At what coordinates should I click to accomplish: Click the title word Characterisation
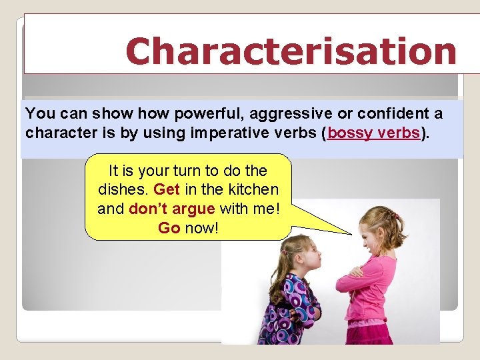[x=291, y=51]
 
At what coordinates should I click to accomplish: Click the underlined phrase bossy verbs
[x=373, y=132]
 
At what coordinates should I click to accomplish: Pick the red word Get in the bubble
[x=167, y=189]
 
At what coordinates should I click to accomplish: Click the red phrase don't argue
[x=171, y=209]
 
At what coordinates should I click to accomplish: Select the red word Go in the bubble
[x=169, y=228]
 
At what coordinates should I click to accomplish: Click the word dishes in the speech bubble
[x=123, y=189]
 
